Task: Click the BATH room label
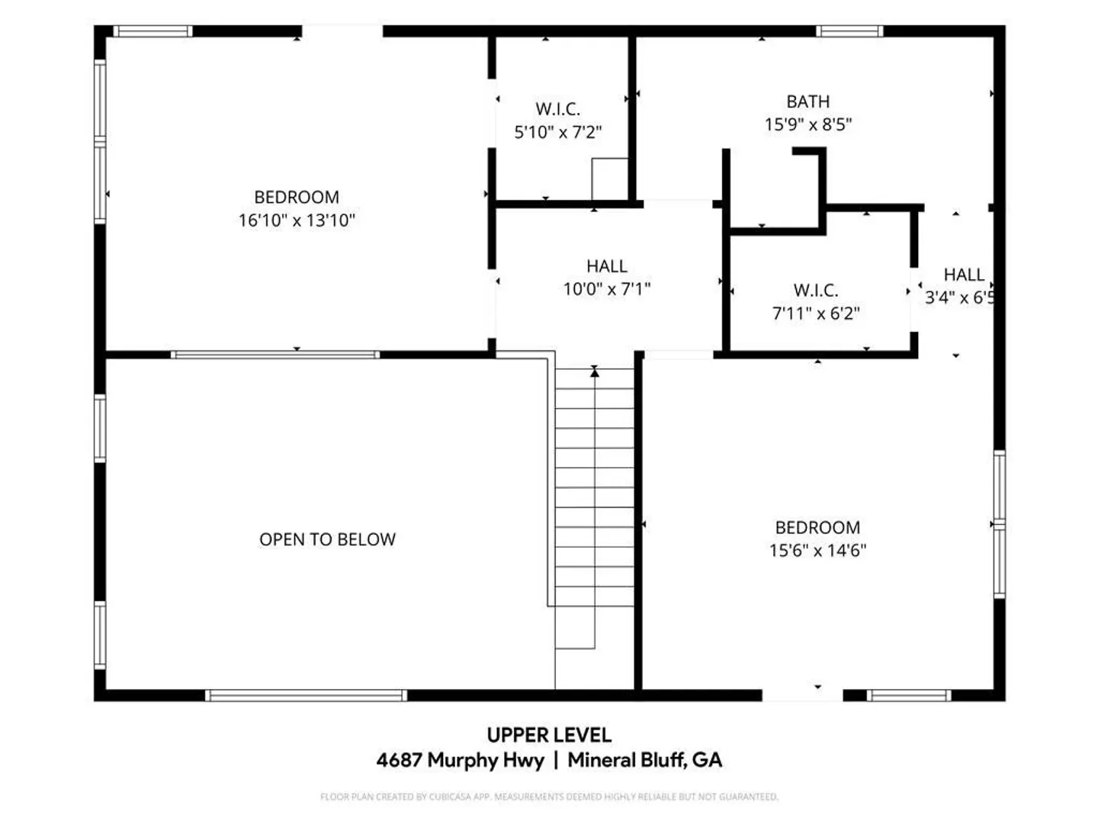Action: [807, 101]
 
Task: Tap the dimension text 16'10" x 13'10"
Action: [297, 220]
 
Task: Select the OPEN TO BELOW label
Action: [327, 539]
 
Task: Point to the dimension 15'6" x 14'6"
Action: [817, 550]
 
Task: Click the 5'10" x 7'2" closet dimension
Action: [557, 132]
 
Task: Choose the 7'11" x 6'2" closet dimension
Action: [816, 313]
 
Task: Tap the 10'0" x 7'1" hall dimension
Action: [607, 288]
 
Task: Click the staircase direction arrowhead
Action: [594, 372]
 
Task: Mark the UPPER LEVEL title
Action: [549, 735]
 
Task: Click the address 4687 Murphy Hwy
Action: [461, 760]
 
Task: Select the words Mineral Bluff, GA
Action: [645, 760]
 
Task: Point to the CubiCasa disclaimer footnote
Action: [549, 797]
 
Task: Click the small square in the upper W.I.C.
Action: [610, 179]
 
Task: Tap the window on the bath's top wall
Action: [849, 31]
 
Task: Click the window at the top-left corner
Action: [152, 31]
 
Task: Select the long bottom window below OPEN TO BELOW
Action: [306, 695]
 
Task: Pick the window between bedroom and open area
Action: [275, 355]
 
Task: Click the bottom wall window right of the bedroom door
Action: [909, 695]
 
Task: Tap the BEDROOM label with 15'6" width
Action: [817, 527]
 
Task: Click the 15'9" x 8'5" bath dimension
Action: [807, 124]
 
